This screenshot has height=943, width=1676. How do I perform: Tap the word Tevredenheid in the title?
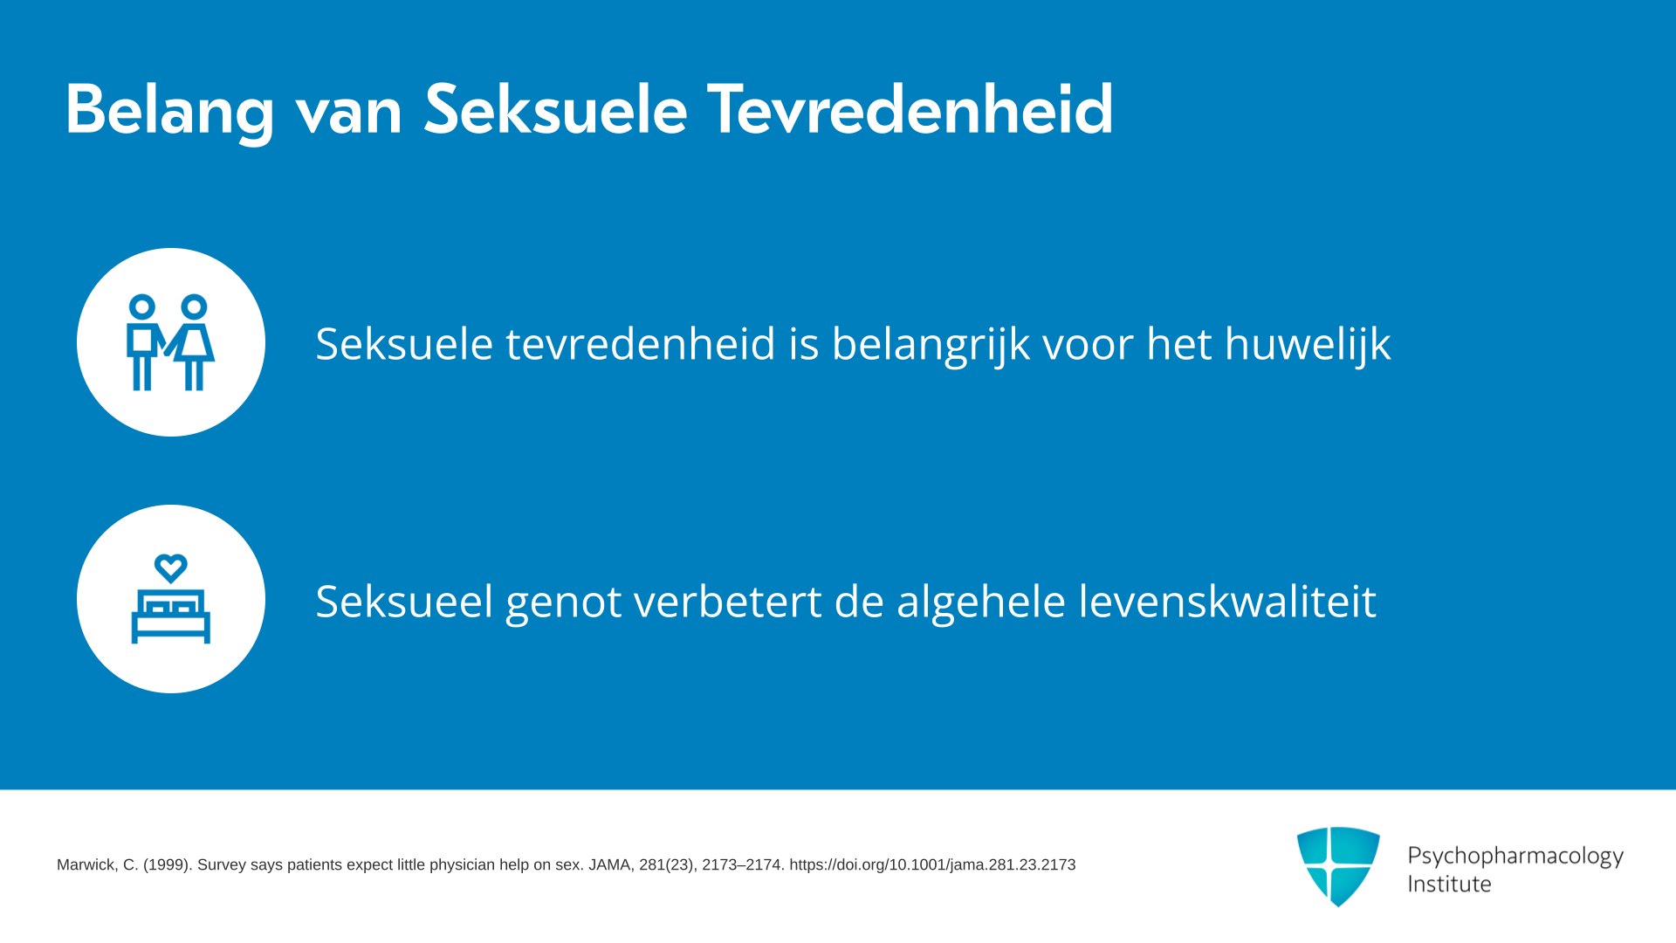910,109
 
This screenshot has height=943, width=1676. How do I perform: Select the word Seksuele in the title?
556,109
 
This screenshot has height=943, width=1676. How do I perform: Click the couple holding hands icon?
171,342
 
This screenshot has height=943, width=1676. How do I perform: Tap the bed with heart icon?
171,599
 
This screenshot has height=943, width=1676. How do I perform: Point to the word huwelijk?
1308,344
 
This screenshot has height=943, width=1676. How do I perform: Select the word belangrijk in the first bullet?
931,344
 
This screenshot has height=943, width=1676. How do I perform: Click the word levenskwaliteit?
1227,601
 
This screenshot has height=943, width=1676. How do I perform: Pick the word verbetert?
728,601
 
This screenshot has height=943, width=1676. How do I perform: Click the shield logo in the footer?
1338,866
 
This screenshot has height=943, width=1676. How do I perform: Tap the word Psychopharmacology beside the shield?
1515,857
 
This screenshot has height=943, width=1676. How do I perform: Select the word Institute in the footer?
1450,884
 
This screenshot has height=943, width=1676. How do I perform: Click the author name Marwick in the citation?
86,865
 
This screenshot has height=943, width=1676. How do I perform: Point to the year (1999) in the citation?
168,865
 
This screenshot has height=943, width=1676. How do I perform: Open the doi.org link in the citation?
932,865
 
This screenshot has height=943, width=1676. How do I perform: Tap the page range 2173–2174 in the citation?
742,865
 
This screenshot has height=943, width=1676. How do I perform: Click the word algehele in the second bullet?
981,602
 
